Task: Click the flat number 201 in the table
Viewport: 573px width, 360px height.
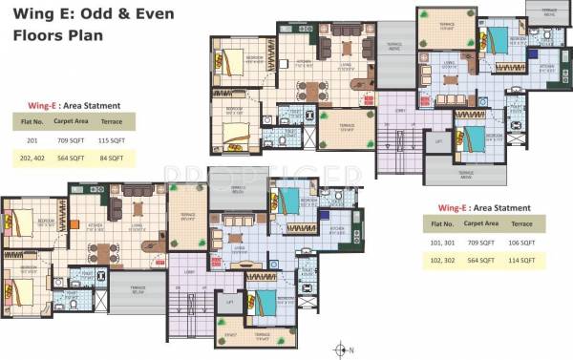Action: pyautogui.click(x=32, y=139)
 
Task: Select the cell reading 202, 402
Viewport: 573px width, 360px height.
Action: pyautogui.click(x=32, y=159)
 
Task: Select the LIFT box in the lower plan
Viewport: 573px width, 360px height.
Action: pyautogui.click(x=228, y=302)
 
